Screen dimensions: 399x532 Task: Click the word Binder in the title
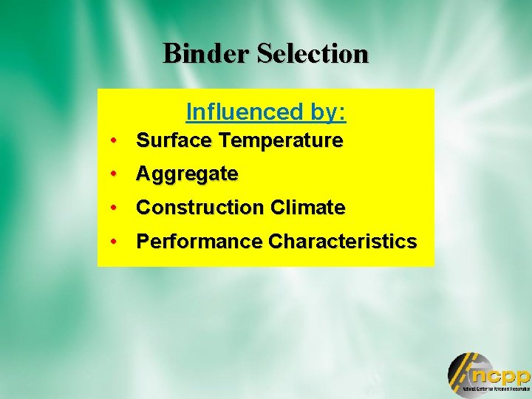(x=206, y=53)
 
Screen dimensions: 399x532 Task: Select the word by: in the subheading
(x=324, y=112)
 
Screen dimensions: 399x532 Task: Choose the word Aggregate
(x=187, y=175)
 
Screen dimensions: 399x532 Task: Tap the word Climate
(x=307, y=208)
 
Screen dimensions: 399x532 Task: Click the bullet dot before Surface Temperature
(x=115, y=140)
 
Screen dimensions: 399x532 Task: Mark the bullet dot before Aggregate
(x=115, y=174)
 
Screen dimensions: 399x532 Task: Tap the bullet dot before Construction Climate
(x=115, y=208)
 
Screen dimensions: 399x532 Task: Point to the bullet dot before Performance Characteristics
(x=115, y=242)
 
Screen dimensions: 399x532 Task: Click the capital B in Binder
(x=171, y=53)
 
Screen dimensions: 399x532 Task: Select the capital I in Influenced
(x=189, y=112)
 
